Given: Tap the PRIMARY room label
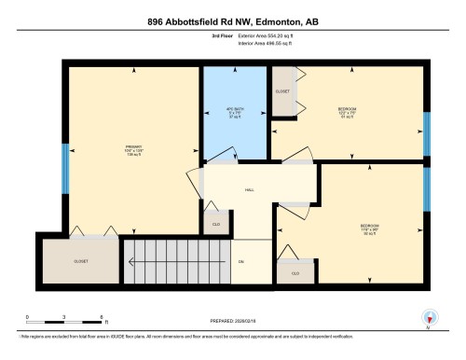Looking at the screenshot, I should click(132, 146).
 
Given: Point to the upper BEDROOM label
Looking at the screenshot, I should click(347, 110).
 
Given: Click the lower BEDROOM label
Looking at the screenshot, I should click(369, 227).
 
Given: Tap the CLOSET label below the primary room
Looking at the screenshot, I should click(81, 262).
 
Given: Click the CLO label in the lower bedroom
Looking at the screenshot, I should click(295, 273).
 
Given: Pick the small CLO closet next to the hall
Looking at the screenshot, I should click(215, 225).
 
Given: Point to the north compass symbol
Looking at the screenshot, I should click(428, 317).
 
